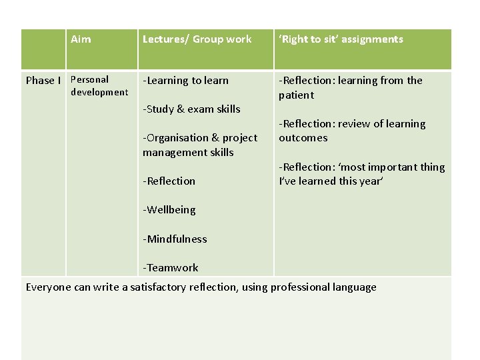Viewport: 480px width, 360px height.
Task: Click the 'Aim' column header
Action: (81, 39)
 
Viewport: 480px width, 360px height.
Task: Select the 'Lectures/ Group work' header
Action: (197, 39)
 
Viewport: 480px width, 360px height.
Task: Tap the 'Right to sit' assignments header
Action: (341, 39)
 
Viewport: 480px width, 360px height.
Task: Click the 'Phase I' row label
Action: (43, 81)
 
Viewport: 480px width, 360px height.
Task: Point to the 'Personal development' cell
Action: (99, 86)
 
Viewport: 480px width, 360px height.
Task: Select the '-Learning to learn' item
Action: (185, 81)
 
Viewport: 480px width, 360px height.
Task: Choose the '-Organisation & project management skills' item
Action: (199, 145)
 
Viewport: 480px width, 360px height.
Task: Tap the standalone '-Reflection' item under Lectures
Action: (169, 181)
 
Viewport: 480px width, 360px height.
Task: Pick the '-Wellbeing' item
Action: (169, 210)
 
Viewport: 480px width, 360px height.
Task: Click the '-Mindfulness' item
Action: (175, 239)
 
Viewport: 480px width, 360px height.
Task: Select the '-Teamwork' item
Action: (170, 268)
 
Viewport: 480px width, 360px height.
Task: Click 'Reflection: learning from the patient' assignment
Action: (350, 87)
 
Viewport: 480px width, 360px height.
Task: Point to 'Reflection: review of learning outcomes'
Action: (351, 131)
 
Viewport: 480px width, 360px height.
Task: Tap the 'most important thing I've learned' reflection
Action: (361, 174)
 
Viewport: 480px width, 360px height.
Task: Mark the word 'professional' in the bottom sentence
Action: (299, 288)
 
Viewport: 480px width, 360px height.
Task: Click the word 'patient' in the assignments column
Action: (296, 95)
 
